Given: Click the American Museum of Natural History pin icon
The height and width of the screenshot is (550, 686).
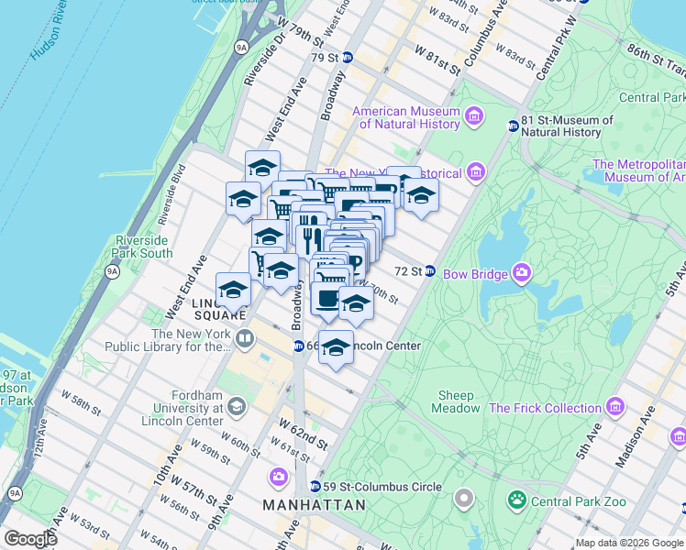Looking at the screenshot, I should tap(474, 115).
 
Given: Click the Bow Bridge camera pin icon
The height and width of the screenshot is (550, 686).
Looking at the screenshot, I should tap(522, 271).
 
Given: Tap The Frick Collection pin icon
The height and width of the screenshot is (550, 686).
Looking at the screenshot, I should tap(614, 407).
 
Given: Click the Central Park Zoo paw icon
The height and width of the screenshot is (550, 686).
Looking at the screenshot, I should tap(517, 500).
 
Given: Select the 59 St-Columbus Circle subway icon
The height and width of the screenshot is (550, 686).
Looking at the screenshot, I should tap(315, 487).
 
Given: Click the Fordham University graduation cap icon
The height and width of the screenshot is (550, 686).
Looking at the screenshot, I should tap(237, 406).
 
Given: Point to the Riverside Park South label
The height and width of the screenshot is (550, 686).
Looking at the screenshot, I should tap(142, 247).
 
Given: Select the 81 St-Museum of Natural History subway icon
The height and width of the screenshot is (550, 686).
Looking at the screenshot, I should tap(513, 126).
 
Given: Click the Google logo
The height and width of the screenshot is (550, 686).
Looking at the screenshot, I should tap(30, 539).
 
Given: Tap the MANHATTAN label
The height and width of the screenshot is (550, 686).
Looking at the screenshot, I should tap(314, 505).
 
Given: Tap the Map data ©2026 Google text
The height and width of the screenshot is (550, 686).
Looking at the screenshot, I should tap(629, 543).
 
